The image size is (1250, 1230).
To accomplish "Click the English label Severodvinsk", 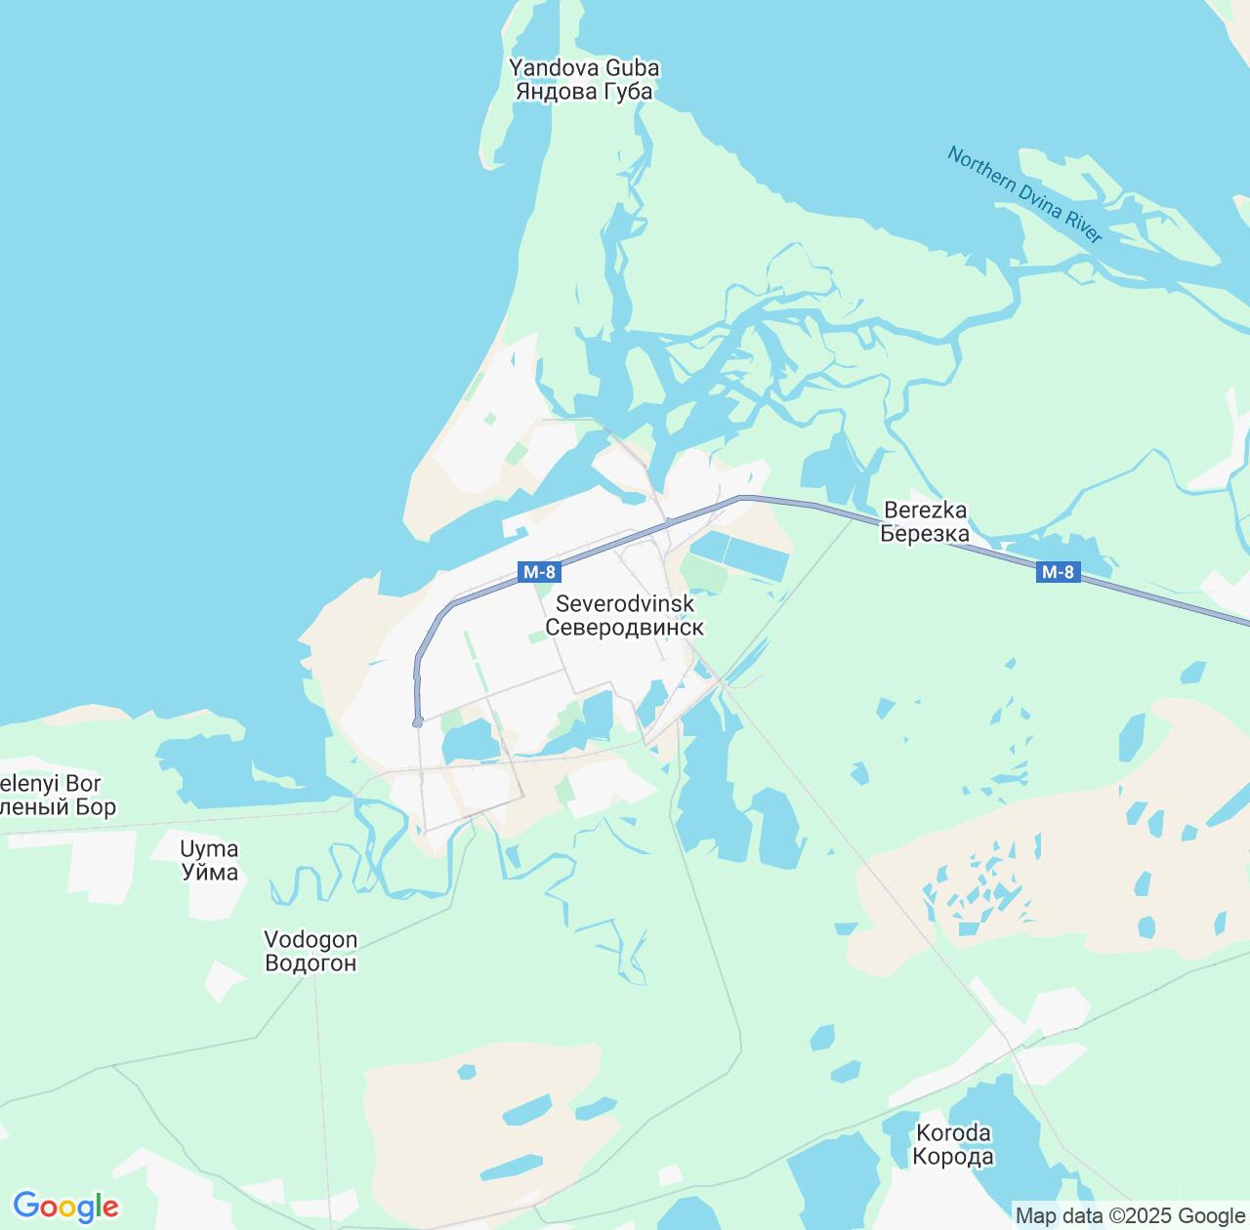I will pyautogui.click(x=625, y=604).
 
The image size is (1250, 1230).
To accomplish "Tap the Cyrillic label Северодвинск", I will pyautogui.click(x=624, y=628).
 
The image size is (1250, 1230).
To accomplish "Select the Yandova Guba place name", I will pyautogui.click(x=584, y=68).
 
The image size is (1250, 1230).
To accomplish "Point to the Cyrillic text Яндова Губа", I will pyautogui.click(x=584, y=92).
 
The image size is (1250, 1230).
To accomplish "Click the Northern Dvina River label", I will pyautogui.click(x=1024, y=194).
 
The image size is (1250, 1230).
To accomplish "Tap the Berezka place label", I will pyautogui.click(x=925, y=510).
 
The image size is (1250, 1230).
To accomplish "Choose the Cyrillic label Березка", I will pyautogui.click(x=925, y=533).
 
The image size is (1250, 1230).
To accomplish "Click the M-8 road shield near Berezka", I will pyautogui.click(x=1058, y=572).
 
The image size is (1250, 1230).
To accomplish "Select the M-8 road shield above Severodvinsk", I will pyautogui.click(x=539, y=572).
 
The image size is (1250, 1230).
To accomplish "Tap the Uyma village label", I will pyautogui.click(x=210, y=848).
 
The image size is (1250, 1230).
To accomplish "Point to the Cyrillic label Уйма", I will pyautogui.click(x=210, y=872).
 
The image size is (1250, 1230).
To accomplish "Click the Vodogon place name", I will pyautogui.click(x=311, y=939).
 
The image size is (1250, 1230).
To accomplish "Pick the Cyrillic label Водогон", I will pyautogui.click(x=311, y=963).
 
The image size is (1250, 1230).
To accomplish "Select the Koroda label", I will pyautogui.click(x=953, y=1133).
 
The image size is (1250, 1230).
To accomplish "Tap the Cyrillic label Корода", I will pyautogui.click(x=953, y=1157).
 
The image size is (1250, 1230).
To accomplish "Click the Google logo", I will pyautogui.click(x=65, y=1207).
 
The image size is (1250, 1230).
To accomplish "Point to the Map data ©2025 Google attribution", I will pyautogui.click(x=1130, y=1216).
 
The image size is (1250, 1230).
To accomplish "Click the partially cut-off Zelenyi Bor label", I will pyautogui.click(x=51, y=784).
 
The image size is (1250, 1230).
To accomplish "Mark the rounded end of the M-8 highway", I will pyautogui.click(x=418, y=722).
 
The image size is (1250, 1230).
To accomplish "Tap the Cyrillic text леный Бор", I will pyautogui.click(x=58, y=807).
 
